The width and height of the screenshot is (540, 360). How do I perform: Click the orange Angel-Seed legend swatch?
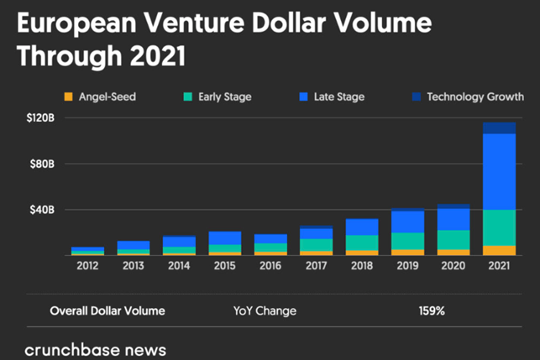click(x=69, y=97)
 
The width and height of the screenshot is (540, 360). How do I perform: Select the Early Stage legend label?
click(x=225, y=97)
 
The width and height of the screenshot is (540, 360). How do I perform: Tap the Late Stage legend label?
click(x=339, y=97)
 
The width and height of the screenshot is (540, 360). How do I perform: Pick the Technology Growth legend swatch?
click(x=417, y=97)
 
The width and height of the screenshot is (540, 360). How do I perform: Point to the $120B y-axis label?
click(x=40, y=118)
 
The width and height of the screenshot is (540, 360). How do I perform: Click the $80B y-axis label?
click(x=42, y=164)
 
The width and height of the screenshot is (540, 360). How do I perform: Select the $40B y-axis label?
click(x=42, y=210)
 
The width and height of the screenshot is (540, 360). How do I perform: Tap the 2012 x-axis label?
click(x=87, y=266)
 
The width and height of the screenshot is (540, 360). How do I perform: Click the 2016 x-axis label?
click(x=270, y=266)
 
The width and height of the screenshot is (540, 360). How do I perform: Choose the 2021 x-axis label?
click(x=499, y=266)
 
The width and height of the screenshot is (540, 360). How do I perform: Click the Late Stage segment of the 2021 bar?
click(x=500, y=171)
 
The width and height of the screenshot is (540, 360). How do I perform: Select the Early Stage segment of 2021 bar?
click(x=500, y=227)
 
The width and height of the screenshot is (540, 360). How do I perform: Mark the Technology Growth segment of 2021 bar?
click(x=500, y=128)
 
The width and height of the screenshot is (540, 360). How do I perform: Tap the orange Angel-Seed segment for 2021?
click(x=500, y=251)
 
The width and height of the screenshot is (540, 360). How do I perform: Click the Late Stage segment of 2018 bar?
click(x=362, y=227)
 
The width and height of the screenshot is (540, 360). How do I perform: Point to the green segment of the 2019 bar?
click(x=408, y=241)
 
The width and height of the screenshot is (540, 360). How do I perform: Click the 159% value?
click(x=432, y=311)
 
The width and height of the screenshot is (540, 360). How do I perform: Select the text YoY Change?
click(x=265, y=311)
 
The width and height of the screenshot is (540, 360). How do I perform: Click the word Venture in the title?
click(x=194, y=23)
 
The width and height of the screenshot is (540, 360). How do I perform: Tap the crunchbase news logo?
click(x=96, y=351)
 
